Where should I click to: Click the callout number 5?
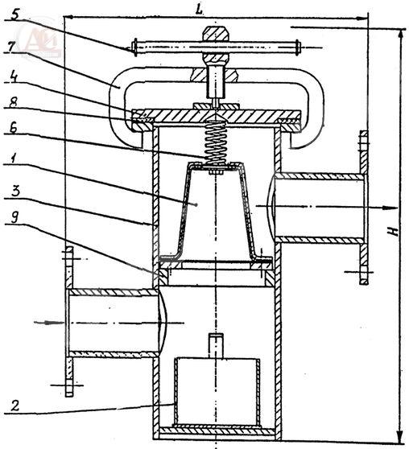tap(14, 14)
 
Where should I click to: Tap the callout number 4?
tap(12, 76)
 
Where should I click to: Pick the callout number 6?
tap(12, 129)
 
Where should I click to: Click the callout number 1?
tap(12, 159)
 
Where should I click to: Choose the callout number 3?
tap(15, 190)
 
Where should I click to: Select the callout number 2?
tap(15, 406)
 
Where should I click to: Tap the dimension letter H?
tap(395, 231)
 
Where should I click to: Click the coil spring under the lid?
tap(216, 142)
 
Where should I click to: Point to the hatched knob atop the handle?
tap(217, 34)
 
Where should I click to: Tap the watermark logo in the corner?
tap(40, 41)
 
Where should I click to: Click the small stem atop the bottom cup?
tap(216, 346)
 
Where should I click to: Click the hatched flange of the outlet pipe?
tap(363, 208)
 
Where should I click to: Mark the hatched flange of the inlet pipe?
tap(69, 322)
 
